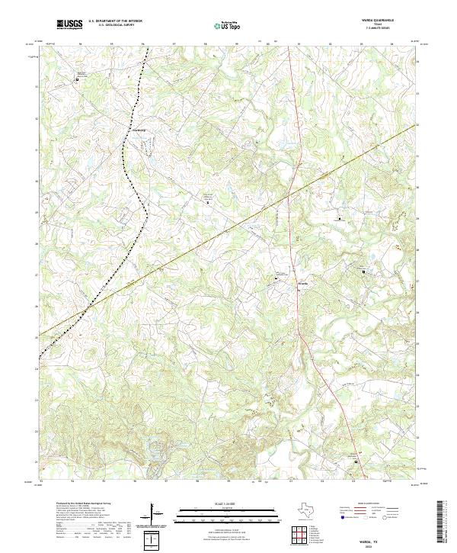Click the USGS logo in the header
(x=69, y=24)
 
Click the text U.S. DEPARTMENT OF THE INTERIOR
(x=114, y=21)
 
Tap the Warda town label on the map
(x=302, y=285)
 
